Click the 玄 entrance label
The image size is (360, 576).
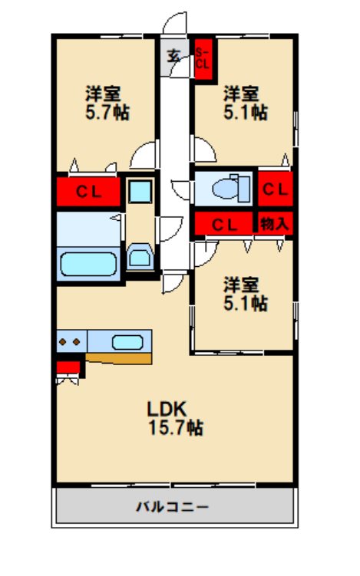pos(174,56)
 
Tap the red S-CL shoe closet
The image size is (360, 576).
pos(203,59)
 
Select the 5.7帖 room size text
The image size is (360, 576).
pos(107,112)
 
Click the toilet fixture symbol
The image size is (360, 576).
pos(231,189)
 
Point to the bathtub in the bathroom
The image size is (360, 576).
pos(88,264)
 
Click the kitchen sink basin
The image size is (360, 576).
pos(127,342)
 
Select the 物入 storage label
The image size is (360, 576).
pos(274,223)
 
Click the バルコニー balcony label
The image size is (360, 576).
pos(173,507)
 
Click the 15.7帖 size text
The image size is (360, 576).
pos(176,427)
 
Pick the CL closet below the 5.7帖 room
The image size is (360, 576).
pos(88,192)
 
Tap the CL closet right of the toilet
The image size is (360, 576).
pos(276,189)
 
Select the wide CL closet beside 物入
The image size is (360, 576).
pos(223,223)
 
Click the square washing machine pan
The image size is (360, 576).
pos(140,191)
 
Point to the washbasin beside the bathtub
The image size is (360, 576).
pos(140,256)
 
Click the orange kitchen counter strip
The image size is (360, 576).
pos(119,358)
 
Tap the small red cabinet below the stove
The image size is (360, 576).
pos(68,367)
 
